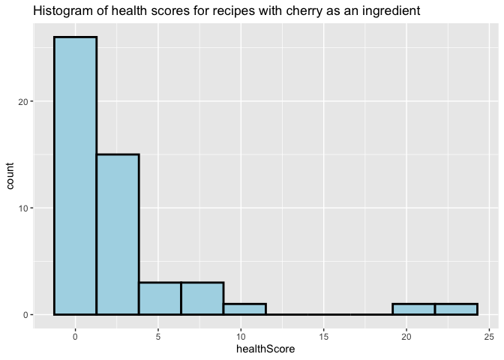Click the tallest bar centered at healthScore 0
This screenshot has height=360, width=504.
pyautogui.click(x=75, y=175)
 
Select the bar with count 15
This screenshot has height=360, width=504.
pyautogui.click(x=118, y=234)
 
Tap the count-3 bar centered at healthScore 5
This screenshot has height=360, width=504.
pyautogui.click(x=160, y=298)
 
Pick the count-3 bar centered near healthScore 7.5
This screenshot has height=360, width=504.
pyautogui.click(x=202, y=298)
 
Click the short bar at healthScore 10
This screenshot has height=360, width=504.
pyautogui.click(x=245, y=309)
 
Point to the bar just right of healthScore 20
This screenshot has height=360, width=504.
pyautogui.click(x=414, y=309)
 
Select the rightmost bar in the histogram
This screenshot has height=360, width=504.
pyautogui.click(x=456, y=309)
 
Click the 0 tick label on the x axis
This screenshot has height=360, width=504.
pyautogui.click(x=75, y=337)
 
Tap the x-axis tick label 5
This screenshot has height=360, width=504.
pyautogui.click(x=158, y=337)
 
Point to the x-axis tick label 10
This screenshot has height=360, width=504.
pyautogui.click(x=241, y=337)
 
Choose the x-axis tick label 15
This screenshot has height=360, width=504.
pyautogui.click(x=324, y=337)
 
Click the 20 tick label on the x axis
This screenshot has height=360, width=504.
pyautogui.click(x=406, y=337)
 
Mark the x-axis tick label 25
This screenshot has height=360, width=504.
pyautogui.click(x=489, y=337)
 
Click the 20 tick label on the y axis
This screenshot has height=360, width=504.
pyautogui.click(x=23, y=101)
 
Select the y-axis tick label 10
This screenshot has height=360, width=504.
pyautogui.click(x=23, y=208)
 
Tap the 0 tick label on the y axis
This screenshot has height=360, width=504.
pyautogui.click(x=25, y=315)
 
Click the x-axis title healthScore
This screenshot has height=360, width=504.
pyautogui.click(x=265, y=349)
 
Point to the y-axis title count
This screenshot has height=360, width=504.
pyautogui.click(x=10, y=175)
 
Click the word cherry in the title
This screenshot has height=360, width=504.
pyautogui.click(x=304, y=11)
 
